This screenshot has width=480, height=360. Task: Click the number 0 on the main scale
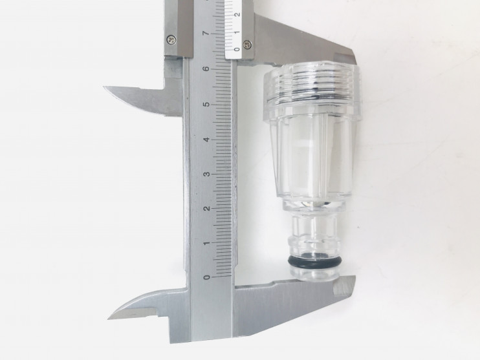click(207, 277)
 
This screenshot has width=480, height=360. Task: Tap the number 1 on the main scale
click(207, 243)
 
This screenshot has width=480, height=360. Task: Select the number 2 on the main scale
click(207, 208)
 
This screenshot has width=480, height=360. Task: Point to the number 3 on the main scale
click(207, 174)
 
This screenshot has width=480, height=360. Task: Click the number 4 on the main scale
click(207, 140)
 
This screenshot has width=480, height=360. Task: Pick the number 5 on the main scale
click(207, 104)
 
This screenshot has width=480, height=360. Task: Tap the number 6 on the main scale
click(207, 69)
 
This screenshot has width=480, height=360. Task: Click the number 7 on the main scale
click(207, 33)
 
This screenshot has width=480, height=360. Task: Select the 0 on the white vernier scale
click(237, 49)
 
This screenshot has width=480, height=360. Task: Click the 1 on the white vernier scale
click(237, 32)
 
